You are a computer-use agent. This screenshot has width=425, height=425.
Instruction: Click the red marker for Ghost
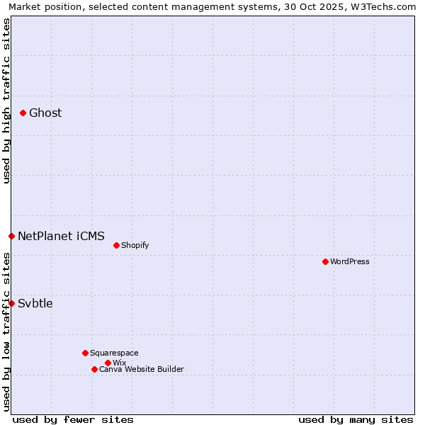point(23,113)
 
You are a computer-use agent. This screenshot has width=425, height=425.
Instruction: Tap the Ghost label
point(45,113)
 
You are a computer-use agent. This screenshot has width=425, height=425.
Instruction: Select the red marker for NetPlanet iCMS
point(11,236)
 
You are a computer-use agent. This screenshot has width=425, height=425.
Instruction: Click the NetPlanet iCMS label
point(61,237)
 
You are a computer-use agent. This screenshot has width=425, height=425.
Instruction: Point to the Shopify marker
point(116,245)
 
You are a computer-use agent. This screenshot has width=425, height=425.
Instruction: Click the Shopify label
point(135,246)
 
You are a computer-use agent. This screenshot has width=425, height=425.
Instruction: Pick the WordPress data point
point(325,261)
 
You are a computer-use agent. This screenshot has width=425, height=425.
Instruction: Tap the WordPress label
point(350,262)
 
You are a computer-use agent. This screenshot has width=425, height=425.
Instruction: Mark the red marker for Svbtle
point(11,303)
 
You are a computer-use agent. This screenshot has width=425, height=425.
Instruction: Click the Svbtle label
point(35,304)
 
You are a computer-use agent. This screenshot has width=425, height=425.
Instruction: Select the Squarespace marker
point(85,353)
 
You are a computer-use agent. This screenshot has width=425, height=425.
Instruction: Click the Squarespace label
point(114,353)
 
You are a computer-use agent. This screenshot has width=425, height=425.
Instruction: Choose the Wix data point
point(108,363)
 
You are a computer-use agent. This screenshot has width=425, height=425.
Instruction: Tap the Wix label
point(119,363)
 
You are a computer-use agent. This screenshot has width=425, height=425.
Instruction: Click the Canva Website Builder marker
point(94,369)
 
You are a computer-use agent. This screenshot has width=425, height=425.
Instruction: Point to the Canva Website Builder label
point(142,370)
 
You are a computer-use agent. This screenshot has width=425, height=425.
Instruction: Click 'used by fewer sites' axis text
point(73,420)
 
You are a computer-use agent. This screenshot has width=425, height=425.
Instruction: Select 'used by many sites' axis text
point(356,420)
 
